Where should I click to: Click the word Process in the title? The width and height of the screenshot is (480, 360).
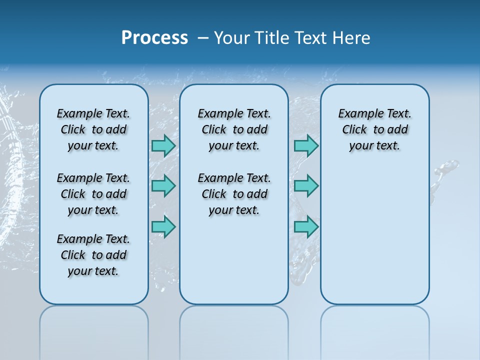154,38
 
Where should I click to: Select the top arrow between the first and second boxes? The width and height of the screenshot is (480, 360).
163,145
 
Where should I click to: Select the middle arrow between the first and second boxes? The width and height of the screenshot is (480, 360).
163,186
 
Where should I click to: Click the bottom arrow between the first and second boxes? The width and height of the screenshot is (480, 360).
163,227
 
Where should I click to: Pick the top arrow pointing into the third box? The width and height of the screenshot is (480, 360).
306,145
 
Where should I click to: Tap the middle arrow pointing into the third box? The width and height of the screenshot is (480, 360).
306,186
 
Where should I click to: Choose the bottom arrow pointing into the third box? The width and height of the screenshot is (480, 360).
306,227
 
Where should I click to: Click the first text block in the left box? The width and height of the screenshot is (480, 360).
93,129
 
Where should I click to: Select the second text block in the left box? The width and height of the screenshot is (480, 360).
93,194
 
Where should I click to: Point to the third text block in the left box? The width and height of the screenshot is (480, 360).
93,255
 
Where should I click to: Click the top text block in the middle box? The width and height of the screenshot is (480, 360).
234,129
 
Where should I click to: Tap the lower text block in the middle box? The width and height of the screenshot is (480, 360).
234,194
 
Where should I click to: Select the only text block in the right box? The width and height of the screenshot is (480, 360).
375,129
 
